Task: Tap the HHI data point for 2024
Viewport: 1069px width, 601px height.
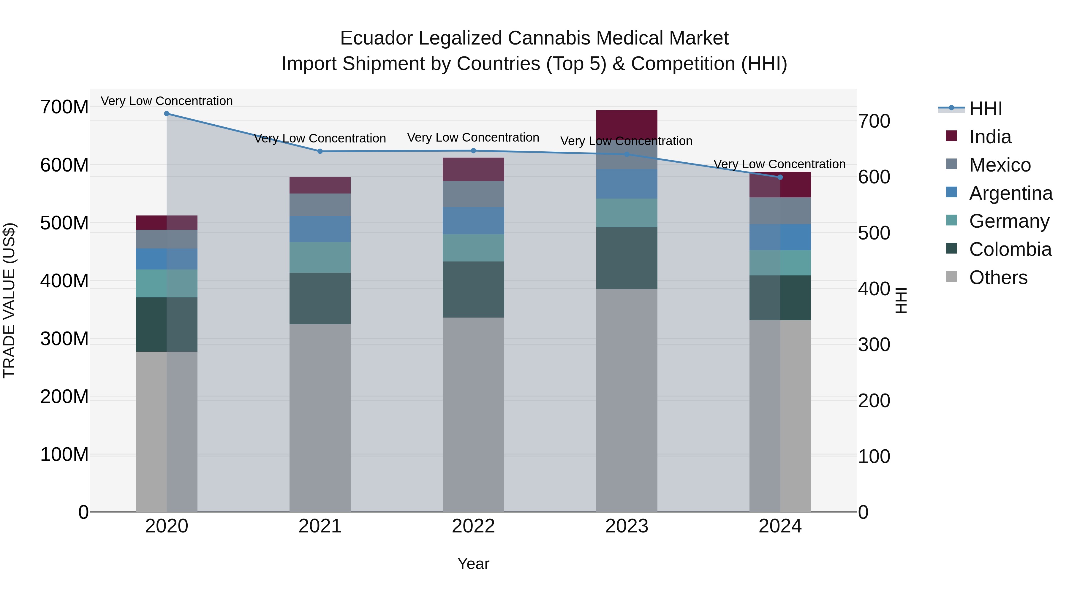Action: pyautogui.click(x=780, y=177)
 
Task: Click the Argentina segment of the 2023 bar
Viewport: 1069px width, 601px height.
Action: pyautogui.click(x=627, y=183)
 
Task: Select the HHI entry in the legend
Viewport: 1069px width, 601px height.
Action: pyautogui.click(x=985, y=109)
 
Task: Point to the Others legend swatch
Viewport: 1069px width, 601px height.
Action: pyautogui.click(x=951, y=277)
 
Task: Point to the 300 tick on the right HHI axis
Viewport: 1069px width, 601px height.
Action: pyautogui.click(x=874, y=345)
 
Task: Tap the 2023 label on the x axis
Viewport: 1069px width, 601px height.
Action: pyautogui.click(x=627, y=526)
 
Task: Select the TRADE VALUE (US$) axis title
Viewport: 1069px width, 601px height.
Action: pyautogui.click(x=9, y=300)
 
